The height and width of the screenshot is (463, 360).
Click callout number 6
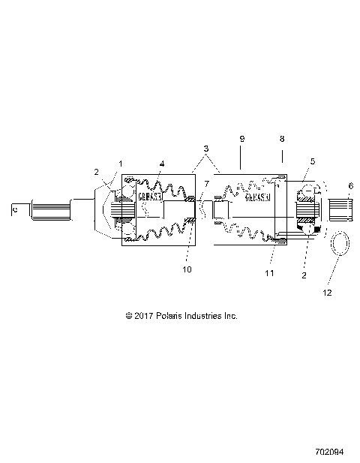pos(349,185)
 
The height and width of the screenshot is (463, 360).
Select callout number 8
pos(281,139)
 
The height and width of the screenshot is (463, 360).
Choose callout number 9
pos(241,139)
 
